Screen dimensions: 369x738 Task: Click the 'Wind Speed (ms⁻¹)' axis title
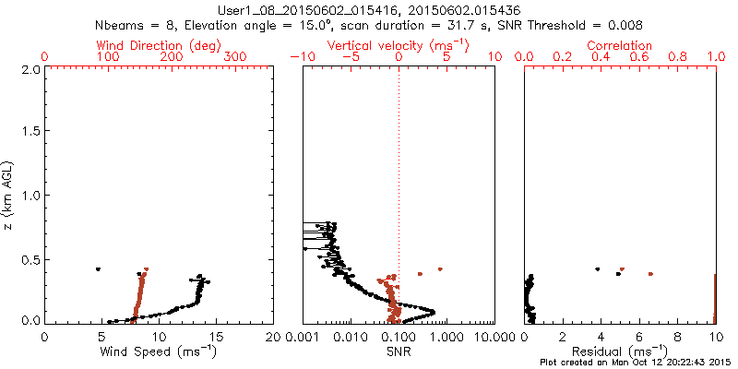click(160, 351)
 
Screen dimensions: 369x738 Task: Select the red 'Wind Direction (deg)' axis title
click(160, 45)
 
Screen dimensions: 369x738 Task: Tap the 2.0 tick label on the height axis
click(30, 69)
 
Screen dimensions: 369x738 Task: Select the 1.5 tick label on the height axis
click(30, 132)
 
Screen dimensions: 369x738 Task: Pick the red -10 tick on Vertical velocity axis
click(301, 56)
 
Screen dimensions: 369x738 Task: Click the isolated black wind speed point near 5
click(98, 269)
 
